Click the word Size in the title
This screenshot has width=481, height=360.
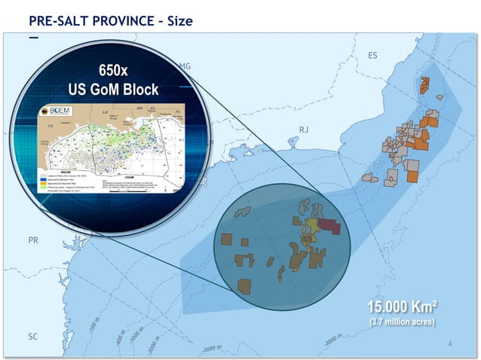click(176, 20)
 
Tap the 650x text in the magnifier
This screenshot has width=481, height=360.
click(114, 72)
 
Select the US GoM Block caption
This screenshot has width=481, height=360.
click(113, 90)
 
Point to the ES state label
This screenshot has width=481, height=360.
click(372, 56)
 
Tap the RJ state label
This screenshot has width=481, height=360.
click(304, 130)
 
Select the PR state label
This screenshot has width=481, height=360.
click(33, 240)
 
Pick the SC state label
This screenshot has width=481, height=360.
click(32, 337)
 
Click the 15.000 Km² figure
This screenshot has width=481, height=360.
click(403, 307)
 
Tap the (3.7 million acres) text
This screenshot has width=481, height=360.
click(402, 322)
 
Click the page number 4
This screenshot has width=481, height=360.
click(449, 344)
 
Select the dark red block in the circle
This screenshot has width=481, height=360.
click(329, 225)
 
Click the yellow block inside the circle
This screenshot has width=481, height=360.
click(311, 227)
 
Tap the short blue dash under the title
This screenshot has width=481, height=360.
click(32, 35)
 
